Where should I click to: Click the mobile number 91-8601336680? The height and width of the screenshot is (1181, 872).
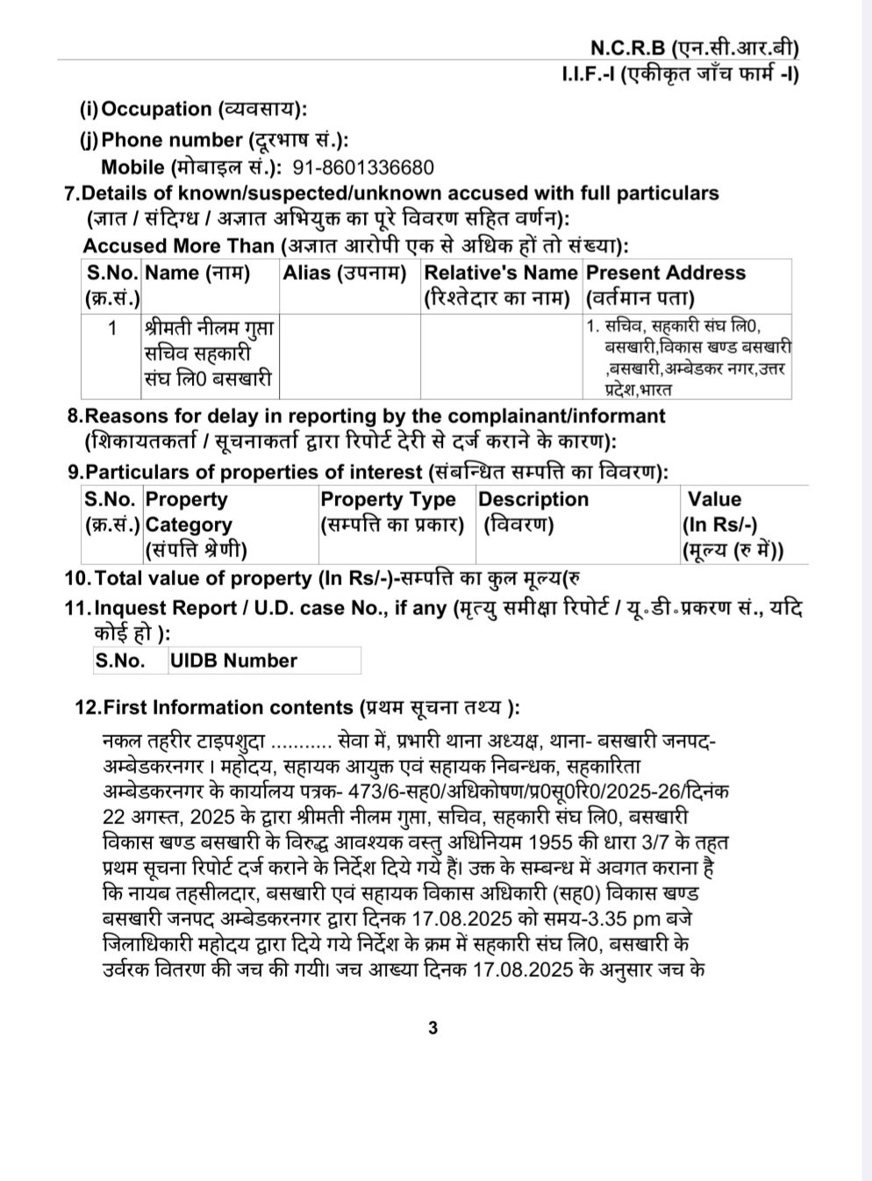pos(363,168)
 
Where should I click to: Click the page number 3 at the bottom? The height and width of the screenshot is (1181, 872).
pos(433,1027)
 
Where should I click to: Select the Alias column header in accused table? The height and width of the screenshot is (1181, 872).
pos(345,273)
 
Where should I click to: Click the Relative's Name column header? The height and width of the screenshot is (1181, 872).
pos(500,284)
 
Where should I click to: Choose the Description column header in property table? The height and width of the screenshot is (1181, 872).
pos(533,512)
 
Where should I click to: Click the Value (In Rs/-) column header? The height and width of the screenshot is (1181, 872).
pos(732,524)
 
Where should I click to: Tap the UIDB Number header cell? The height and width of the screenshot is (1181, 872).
pos(234,661)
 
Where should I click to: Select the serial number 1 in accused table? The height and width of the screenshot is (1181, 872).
pos(111,329)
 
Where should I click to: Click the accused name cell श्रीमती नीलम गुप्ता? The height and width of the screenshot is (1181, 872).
pos(210,354)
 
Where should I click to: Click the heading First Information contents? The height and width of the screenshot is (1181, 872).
pos(229,707)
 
